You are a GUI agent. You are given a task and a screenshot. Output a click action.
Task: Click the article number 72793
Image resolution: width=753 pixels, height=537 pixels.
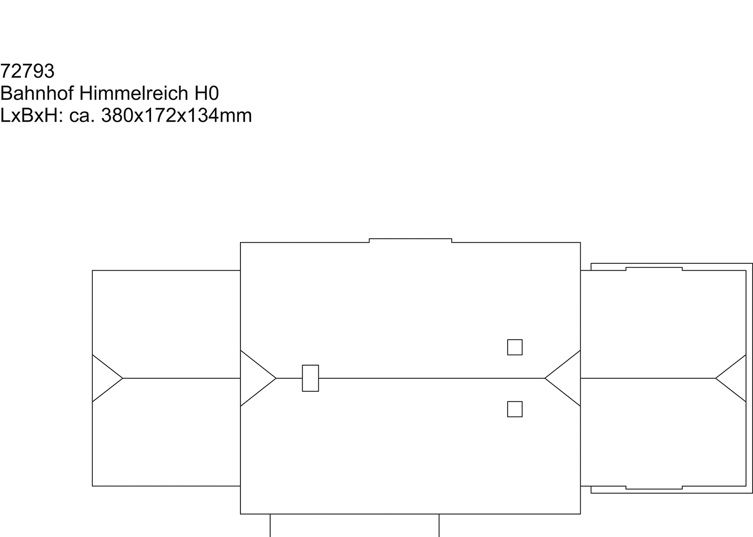coord(27,71)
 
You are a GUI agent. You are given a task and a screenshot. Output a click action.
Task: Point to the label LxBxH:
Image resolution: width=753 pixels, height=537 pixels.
coord(32,116)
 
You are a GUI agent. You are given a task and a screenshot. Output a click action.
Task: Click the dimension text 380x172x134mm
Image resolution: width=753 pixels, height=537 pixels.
coord(177,116)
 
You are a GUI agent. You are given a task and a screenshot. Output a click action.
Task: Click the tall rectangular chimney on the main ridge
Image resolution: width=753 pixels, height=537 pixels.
coord(310,378)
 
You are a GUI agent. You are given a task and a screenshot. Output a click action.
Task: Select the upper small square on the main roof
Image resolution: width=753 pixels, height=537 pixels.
coord(515,347)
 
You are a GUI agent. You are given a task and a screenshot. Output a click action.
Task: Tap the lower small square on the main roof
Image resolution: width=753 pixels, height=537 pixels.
coord(515,409)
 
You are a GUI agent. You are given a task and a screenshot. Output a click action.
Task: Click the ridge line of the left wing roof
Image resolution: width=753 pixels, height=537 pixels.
coord(182,378)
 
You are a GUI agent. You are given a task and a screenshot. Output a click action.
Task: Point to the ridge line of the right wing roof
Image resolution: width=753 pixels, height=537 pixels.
coord(648,378)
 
